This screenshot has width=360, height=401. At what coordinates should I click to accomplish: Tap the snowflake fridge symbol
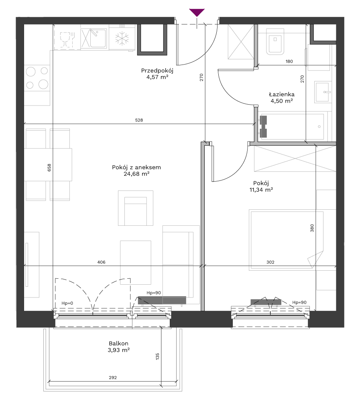point(122,38)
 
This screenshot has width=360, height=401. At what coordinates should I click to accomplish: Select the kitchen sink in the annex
point(94,38)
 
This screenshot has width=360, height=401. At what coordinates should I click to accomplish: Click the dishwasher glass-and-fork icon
point(67,39)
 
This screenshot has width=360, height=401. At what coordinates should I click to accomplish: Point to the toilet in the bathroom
point(275,42)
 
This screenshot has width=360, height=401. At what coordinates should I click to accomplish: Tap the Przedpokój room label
point(157,71)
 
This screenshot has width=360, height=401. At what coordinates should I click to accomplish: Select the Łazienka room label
point(282,94)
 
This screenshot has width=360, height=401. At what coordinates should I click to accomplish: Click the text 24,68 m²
point(136,174)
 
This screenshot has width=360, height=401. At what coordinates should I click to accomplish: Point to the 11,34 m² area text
point(261,190)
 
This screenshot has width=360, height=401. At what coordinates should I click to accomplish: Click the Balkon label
point(118,344)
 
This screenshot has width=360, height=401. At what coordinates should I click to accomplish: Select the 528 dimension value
point(139,120)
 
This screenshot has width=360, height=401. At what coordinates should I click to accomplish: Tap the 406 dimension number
point(102,262)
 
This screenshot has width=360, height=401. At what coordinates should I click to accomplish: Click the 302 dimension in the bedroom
point(271,262)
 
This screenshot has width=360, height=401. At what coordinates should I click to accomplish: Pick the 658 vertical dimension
point(49,168)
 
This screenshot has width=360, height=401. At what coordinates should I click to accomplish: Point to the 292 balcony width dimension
point(113,377)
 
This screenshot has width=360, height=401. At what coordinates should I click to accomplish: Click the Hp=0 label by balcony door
point(67,303)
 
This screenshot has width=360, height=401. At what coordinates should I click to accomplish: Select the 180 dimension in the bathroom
point(289,61)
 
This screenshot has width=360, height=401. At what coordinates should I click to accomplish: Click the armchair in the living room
point(135,208)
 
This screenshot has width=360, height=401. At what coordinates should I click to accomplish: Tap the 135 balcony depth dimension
point(157,356)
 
